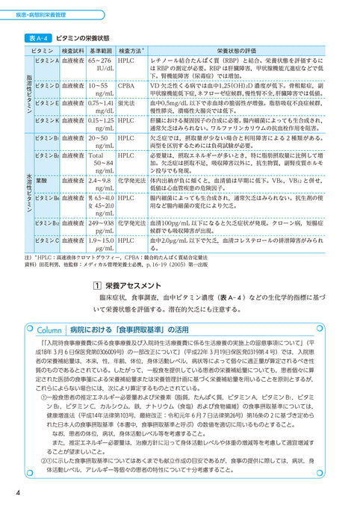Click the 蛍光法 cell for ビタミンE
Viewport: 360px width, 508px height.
point(127,102)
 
